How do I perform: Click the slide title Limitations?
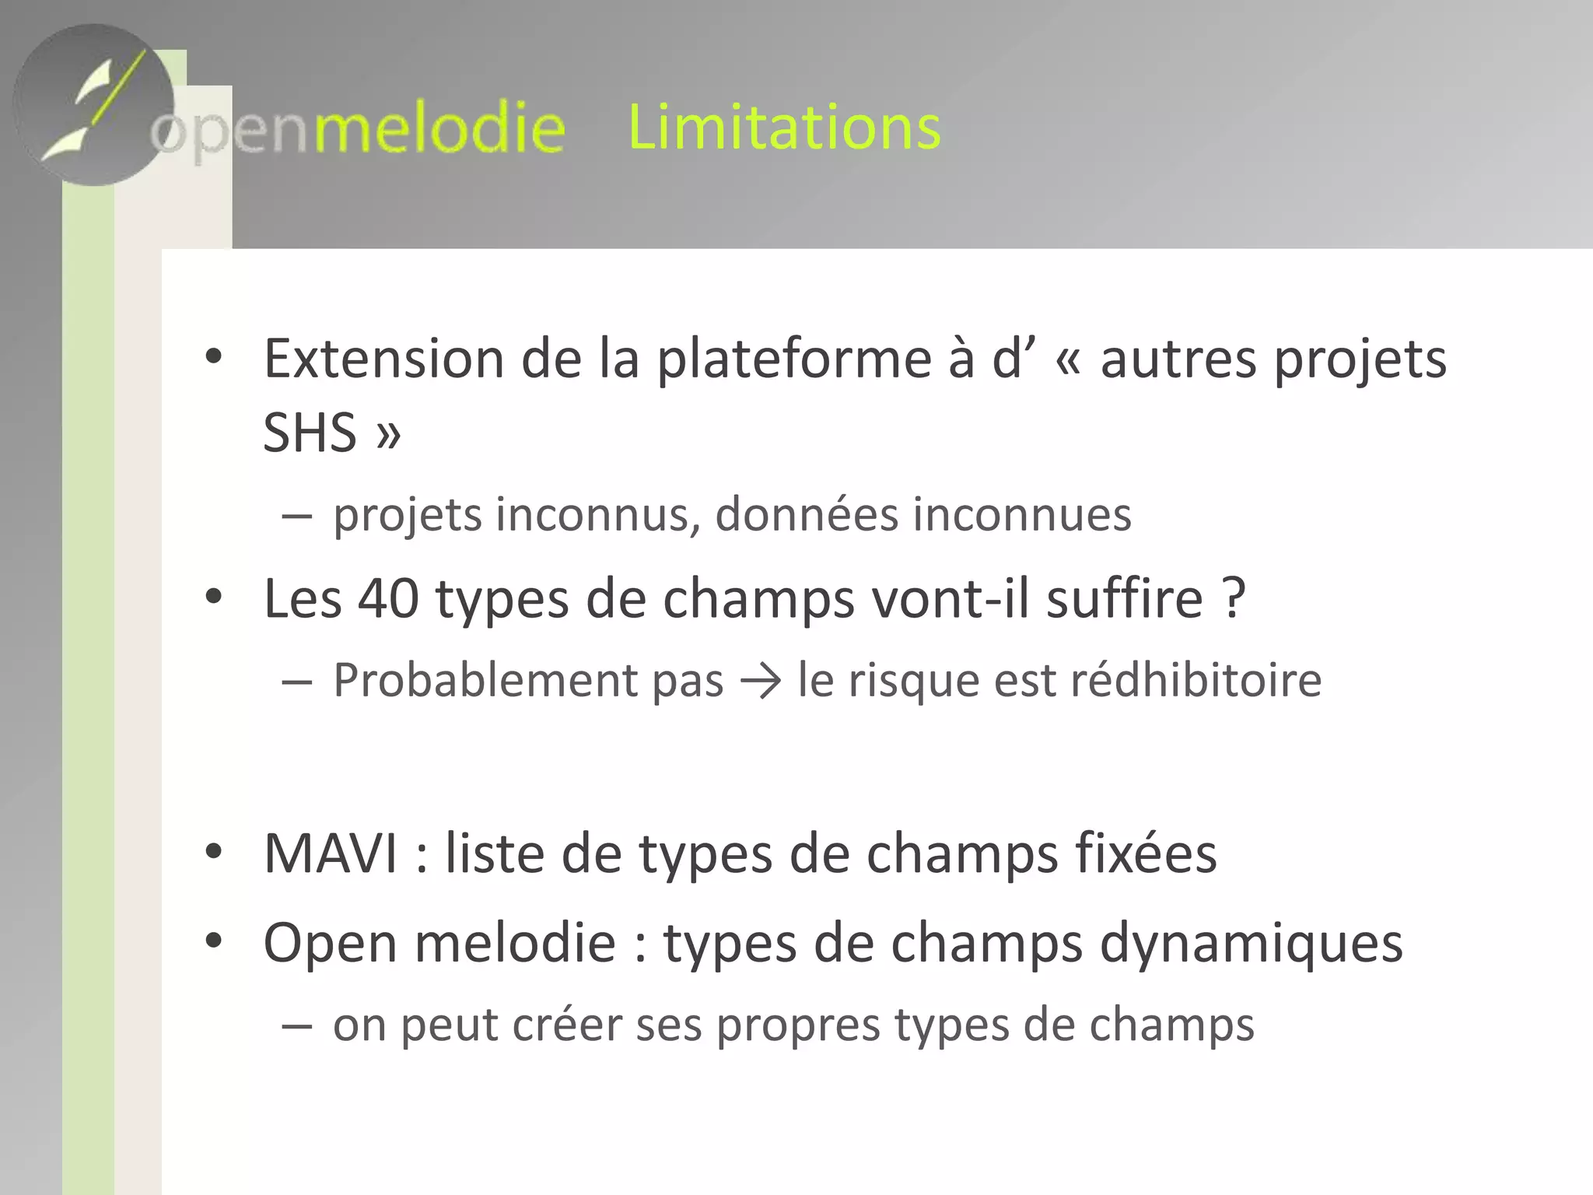point(784,127)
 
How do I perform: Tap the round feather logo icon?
point(93,105)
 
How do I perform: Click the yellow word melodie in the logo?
point(439,128)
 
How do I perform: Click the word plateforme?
point(794,360)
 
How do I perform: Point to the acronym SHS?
point(310,433)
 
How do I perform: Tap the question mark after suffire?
point(1233,598)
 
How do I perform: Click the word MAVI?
point(331,853)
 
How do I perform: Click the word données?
point(806,515)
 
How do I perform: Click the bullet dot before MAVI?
point(213,852)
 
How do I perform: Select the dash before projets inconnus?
point(297,516)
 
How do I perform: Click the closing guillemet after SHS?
point(388,434)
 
